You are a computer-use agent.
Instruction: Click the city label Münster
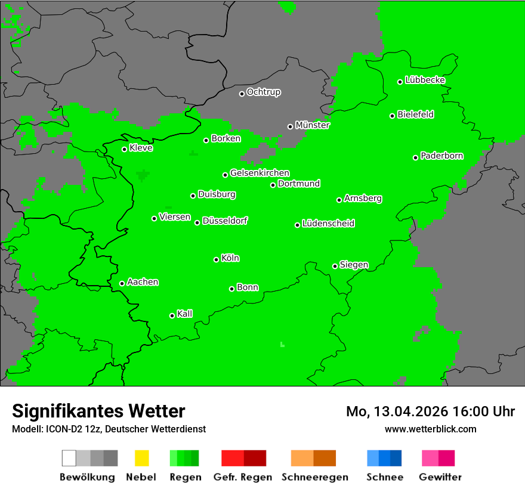coord(312,125)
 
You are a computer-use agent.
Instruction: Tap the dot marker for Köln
coord(216,259)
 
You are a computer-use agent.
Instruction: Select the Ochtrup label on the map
coord(263,92)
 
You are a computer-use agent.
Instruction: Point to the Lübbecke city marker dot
coord(400,82)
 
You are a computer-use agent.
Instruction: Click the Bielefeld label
coord(415,115)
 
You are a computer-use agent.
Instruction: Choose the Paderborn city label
coord(441,156)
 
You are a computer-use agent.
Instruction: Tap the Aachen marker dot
coord(122,283)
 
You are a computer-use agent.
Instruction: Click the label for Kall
coord(184,314)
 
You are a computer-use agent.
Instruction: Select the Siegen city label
coord(354,265)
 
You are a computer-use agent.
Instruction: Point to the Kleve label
coord(141,148)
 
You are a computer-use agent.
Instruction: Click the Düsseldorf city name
coord(224,221)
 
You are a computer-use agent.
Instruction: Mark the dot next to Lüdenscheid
coord(297,225)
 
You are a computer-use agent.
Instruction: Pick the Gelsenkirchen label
coord(260,174)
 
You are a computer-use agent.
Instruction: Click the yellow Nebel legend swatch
coord(141,458)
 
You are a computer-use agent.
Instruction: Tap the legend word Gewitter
coord(440,477)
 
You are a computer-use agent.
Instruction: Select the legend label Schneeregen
coord(314,477)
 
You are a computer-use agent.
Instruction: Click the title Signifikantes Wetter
coord(98,411)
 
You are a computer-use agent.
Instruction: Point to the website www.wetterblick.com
coord(430,429)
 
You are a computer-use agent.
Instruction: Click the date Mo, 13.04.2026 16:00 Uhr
coord(430,412)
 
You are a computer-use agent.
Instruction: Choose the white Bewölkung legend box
coord(69,458)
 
